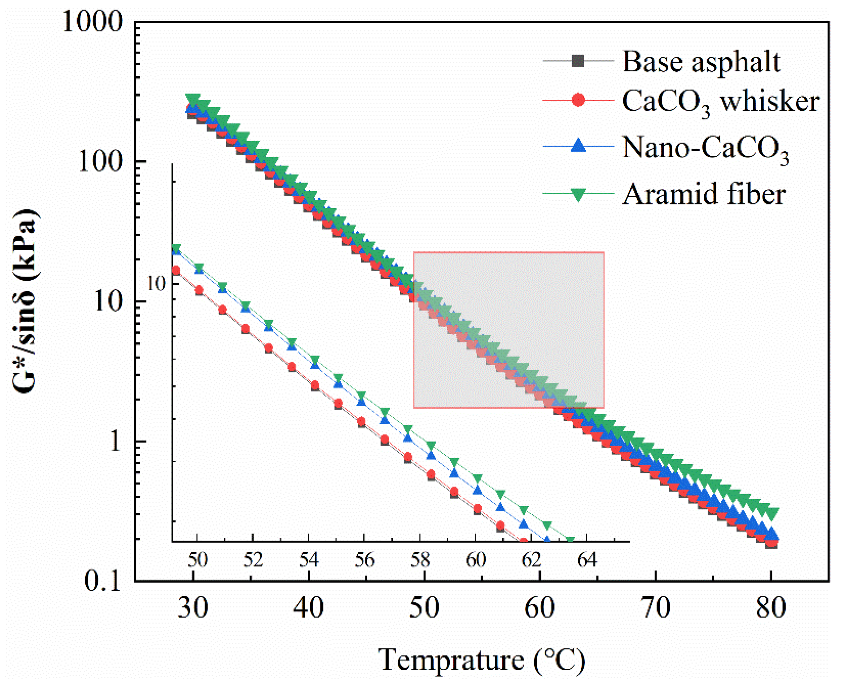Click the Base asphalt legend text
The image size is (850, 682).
tap(701, 62)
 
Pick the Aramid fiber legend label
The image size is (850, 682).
tap(704, 194)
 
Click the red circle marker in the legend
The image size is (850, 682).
tap(578, 100)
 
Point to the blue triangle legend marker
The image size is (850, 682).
tap(578, 146)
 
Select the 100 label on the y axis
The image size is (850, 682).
tap(100, 161)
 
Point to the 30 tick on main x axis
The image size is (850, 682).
tap(192, 608)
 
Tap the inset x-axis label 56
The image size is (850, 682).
tap(364, 560)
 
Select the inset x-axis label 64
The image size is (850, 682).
tap(587, 560)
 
